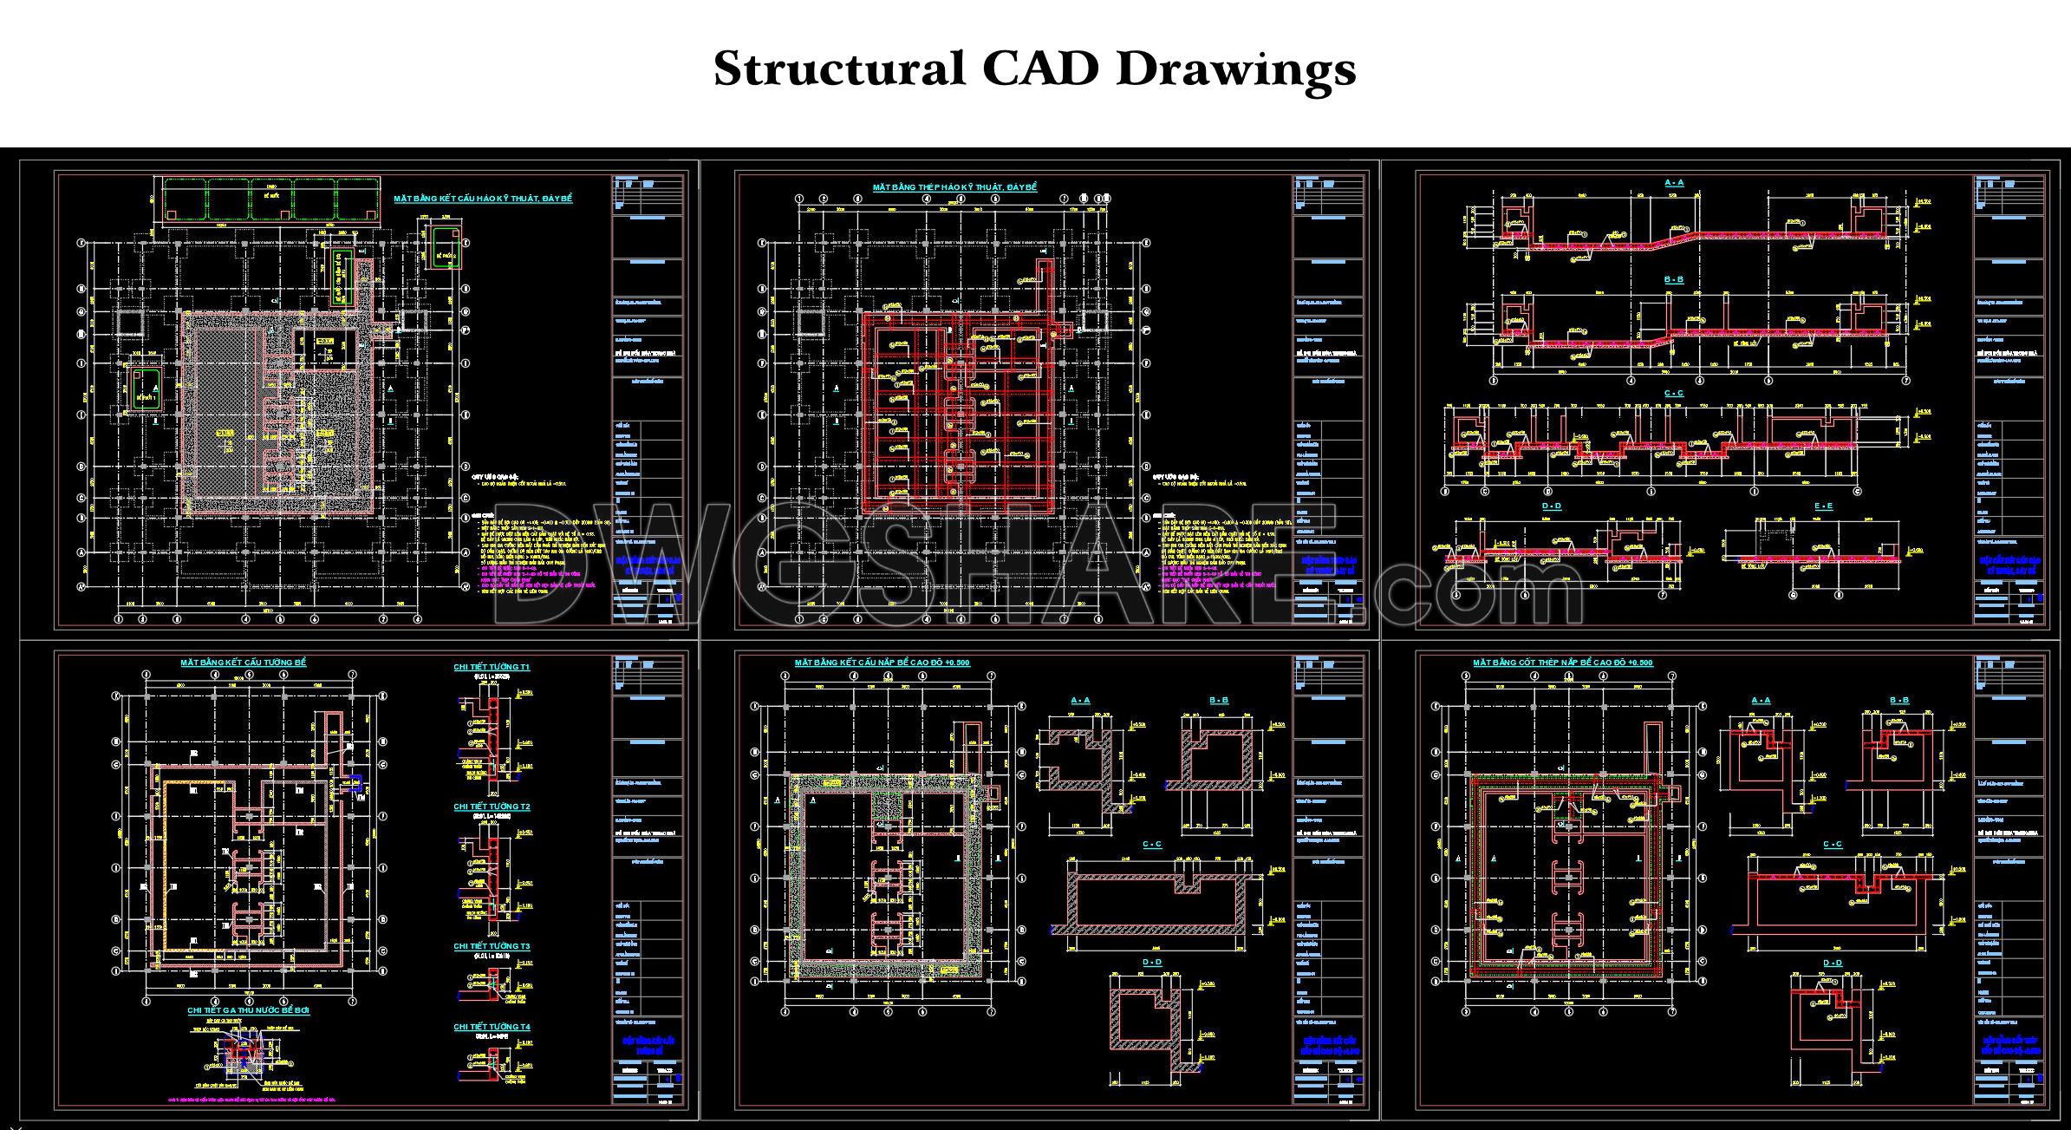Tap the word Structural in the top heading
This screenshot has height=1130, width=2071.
coord(838,69)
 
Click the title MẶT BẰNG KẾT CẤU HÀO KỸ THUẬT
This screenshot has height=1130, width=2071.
coord(483,199)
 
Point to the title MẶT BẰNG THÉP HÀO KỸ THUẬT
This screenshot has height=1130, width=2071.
coord(954,187)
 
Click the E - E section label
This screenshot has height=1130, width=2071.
coord(1824,506)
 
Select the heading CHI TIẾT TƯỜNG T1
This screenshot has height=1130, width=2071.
coord(492,667)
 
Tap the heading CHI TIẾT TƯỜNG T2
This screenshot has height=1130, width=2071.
coord(492,807)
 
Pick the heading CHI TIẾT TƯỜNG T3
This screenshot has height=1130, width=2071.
coord(492,946)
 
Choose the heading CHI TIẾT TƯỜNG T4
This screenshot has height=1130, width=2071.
coord(492,1027)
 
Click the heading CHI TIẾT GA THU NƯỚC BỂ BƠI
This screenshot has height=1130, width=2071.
coord(248,1010)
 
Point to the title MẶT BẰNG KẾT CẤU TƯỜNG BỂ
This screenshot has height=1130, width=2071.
coord(243,663)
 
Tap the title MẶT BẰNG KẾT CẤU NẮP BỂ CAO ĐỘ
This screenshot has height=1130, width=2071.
coord(882,663)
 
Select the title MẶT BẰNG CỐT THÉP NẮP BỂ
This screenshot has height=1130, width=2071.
coord(1562,663)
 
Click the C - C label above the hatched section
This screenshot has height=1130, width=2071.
coord(1153,844)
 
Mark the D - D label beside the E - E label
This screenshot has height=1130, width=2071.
coord(1551,506)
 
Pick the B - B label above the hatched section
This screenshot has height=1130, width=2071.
coord(1219,700)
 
